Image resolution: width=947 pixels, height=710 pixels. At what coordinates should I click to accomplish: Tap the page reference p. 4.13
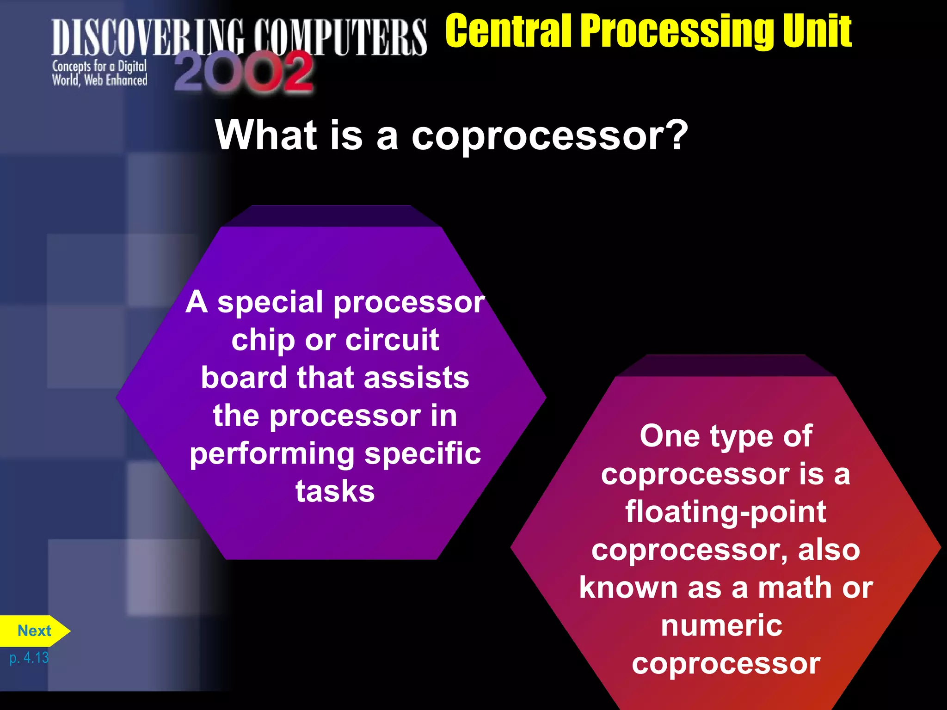(29, 657)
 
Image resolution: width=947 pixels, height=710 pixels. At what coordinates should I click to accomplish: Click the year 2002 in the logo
(244, 73)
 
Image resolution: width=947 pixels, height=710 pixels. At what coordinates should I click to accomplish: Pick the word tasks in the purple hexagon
(335, 491)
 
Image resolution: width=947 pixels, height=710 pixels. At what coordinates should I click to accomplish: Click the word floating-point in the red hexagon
(726, 513)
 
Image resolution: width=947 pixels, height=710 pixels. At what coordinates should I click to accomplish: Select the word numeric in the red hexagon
(722, 626)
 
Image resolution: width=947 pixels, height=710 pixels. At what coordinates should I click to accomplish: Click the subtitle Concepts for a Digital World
(99, 73)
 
